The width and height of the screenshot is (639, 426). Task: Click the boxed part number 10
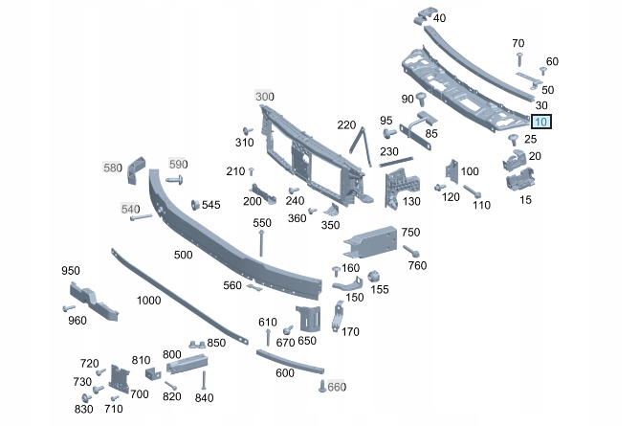[541, 122]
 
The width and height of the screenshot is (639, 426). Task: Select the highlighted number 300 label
[264, 97]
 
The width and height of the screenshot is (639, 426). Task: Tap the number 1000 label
[148, 300]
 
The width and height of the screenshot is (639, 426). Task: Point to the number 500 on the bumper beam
[183, 255]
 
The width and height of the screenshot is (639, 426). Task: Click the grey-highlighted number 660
[336, 387]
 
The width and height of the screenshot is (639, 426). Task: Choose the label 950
[71, 271]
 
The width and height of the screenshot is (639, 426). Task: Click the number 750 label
[410, 233]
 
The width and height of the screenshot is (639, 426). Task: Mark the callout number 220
[346, 124]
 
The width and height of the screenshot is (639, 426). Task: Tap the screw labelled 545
[196, 205]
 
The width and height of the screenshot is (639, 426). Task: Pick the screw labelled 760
[408, 251]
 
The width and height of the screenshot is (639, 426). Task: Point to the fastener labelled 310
[246, 130]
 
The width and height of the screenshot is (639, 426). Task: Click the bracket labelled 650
[306, 317]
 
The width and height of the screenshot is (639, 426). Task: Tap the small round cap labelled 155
[375, 277]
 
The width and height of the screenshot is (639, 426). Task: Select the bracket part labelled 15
[520, 179]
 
